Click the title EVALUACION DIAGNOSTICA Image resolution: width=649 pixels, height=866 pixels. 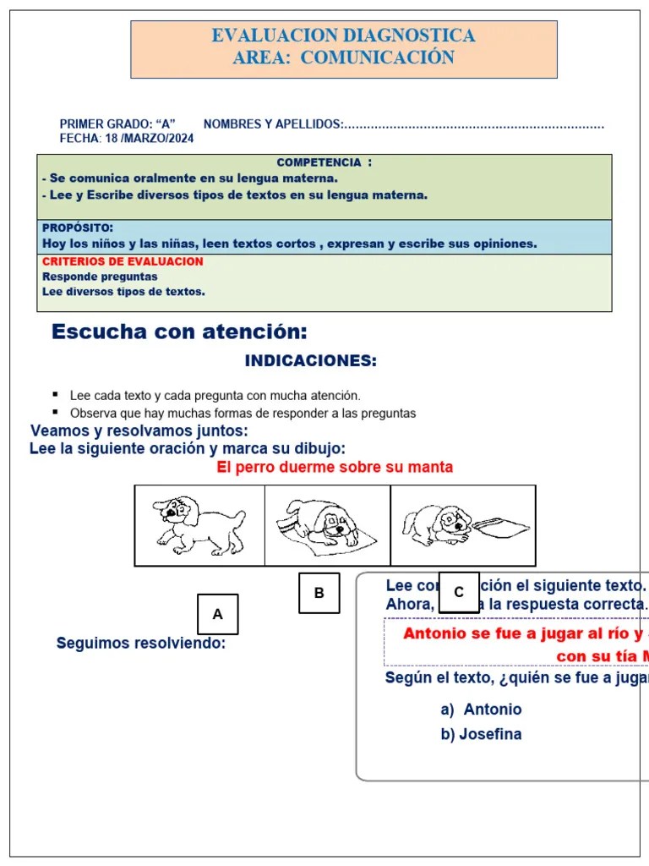pyautogui.click(x=343, y=36)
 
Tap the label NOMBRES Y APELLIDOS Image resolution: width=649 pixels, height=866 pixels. pyautogui.click(x=273, y=124)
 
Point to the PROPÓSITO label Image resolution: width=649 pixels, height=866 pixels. pyautogui.click(x=78, y=228)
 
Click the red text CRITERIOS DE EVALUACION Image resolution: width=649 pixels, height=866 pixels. pyautogui.click(x=123, y=261)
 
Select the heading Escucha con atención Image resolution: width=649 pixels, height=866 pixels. pyautogui.click(x=179, y=332)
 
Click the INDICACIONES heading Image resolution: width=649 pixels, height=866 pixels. pyautogui.click(x=310, y=361)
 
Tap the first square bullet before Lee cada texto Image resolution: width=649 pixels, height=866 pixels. pyautogui.click(x=55, y=394)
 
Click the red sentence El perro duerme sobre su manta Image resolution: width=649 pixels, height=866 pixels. pyautogui.click(x=335, y=467)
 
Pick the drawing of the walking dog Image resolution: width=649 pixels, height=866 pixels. pyautogui.click(x=199, y=525)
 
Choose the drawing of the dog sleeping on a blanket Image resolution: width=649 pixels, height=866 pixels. pyautogui.click(x=327, y=525)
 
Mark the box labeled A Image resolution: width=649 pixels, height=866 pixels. pyautogui.click(x=217, y=615)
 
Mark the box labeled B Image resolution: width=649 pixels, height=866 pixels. pyautogui.click(x=319, y=593)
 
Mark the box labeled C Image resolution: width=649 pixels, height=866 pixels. pyautogui.click(x=459, y=592)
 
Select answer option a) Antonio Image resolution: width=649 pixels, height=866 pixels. pyautogui.click(x=482, y=710)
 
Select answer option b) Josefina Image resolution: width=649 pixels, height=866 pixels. pyautogui.click(x=481, y=734)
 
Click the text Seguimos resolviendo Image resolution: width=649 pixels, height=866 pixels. pyautogui.click(x=141, y=644)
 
